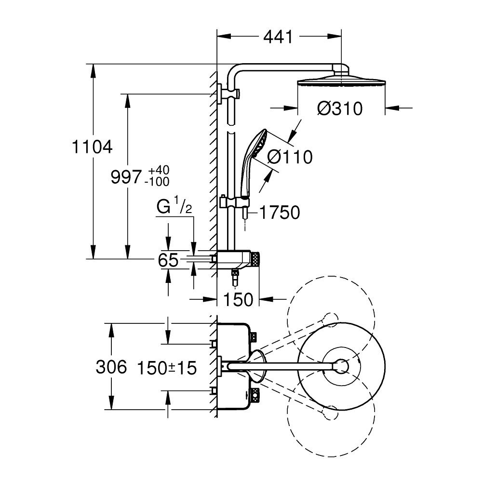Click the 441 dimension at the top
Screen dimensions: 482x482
click(279, 37)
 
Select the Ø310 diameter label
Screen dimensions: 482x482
click(340, 109)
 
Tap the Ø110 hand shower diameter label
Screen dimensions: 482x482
click(289, 157)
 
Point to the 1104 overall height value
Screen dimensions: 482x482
click(92, 147)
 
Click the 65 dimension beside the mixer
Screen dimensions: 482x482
click(168, 261)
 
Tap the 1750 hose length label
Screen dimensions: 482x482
click(280, 213)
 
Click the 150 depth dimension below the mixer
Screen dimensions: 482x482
click(239, 300)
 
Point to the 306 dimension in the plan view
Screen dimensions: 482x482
click(111, 368)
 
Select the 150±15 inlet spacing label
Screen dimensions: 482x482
click(167, 368)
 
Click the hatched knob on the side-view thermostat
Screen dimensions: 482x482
click(255, 259)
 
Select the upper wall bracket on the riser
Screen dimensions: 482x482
click(223, 93)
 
